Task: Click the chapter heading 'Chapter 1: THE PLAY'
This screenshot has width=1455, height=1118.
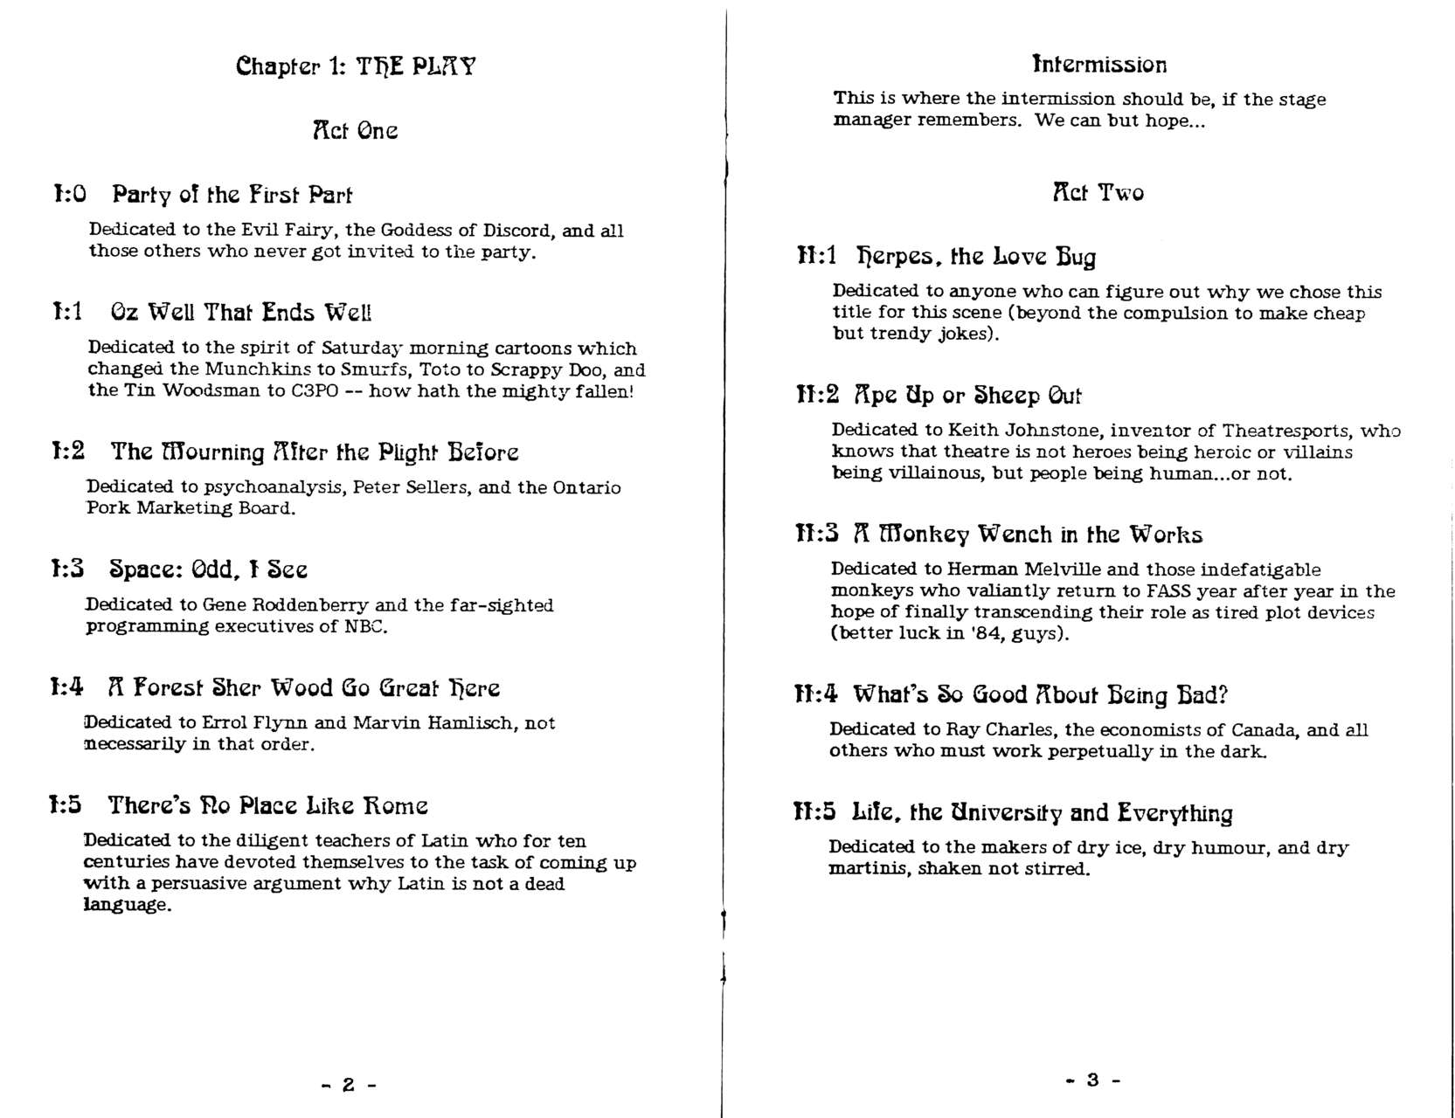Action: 356,66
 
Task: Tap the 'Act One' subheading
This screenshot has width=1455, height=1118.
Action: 355,131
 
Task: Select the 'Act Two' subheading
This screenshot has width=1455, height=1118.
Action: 1098,192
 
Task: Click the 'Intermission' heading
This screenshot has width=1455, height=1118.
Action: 1099,65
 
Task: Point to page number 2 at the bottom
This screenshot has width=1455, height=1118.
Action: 348,1085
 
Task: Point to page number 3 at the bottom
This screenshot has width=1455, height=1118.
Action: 1092,1080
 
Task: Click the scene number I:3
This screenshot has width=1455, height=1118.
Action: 67,569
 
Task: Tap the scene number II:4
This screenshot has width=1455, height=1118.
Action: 816,694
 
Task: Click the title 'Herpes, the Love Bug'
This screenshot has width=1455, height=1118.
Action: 975,256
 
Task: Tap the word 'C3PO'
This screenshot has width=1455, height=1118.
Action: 314,390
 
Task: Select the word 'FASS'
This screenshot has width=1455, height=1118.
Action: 1168,591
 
